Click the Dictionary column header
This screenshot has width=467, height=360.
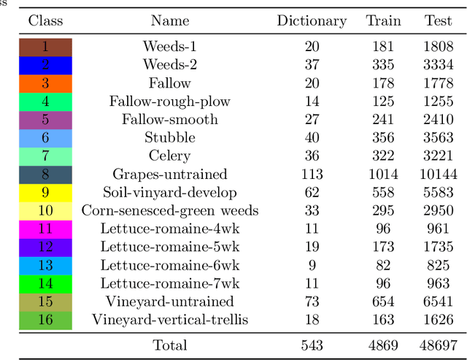click(312, 20)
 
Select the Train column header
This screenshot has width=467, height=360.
click(383, 20)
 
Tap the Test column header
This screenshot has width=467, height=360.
click(438, 20)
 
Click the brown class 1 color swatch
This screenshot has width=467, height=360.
click(45, 47)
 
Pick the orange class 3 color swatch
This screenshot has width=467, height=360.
click(45, 84)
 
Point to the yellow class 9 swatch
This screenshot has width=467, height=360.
click(45, 193)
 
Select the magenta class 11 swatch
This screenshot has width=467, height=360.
click(45, 229)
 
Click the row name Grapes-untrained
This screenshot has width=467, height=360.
click(170, 175)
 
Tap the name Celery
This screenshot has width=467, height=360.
click(170, 156)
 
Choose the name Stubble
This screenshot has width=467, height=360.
click(170, 138)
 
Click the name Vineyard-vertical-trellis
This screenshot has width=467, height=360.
click(170, 320)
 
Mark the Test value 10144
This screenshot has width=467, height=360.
click(438, 175)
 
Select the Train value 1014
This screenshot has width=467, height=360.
click(383, 175)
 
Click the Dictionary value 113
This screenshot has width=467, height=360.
click(312, 175)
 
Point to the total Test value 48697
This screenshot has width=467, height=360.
click(438, 345)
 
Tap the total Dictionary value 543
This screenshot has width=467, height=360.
click(312, 345)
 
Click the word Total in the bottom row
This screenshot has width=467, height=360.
click(170, 345)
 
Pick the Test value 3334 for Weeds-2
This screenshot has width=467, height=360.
click(438, 66)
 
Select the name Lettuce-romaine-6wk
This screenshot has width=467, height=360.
click(170, 265)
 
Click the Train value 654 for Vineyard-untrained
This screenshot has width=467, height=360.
click(383, 302)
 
